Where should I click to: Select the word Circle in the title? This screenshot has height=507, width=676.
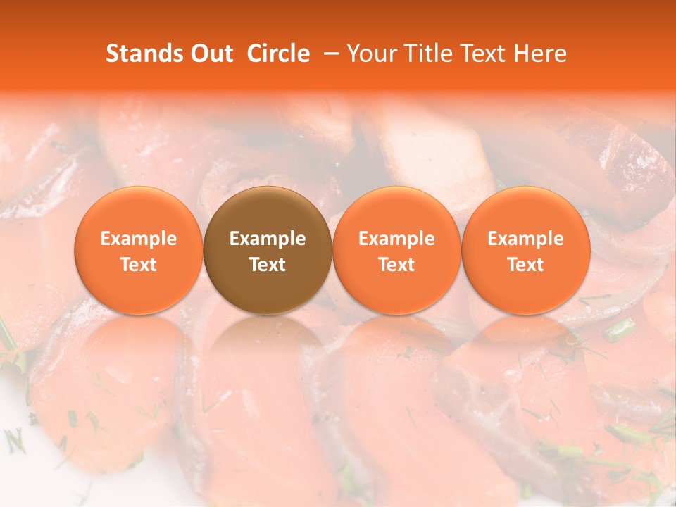click(277, 54)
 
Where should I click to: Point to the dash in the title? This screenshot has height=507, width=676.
click(328, 54)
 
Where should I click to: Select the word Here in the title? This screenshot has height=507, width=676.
click(541, 54)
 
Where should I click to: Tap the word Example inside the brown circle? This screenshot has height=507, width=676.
click(268, 239)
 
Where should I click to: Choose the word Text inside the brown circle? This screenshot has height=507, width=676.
click(268, 265)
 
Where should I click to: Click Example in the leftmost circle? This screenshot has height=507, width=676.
click(139, 239)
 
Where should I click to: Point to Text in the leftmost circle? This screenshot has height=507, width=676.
click(139, 265)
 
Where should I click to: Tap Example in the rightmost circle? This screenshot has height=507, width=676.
click(526, 239)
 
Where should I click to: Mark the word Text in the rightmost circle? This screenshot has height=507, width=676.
click(526, 265)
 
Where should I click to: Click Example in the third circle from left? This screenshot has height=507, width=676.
click(396, 239)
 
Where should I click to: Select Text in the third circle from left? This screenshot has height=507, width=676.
click(396, 265)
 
